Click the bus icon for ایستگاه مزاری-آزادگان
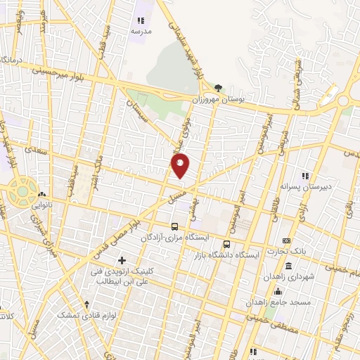coord(175,227)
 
